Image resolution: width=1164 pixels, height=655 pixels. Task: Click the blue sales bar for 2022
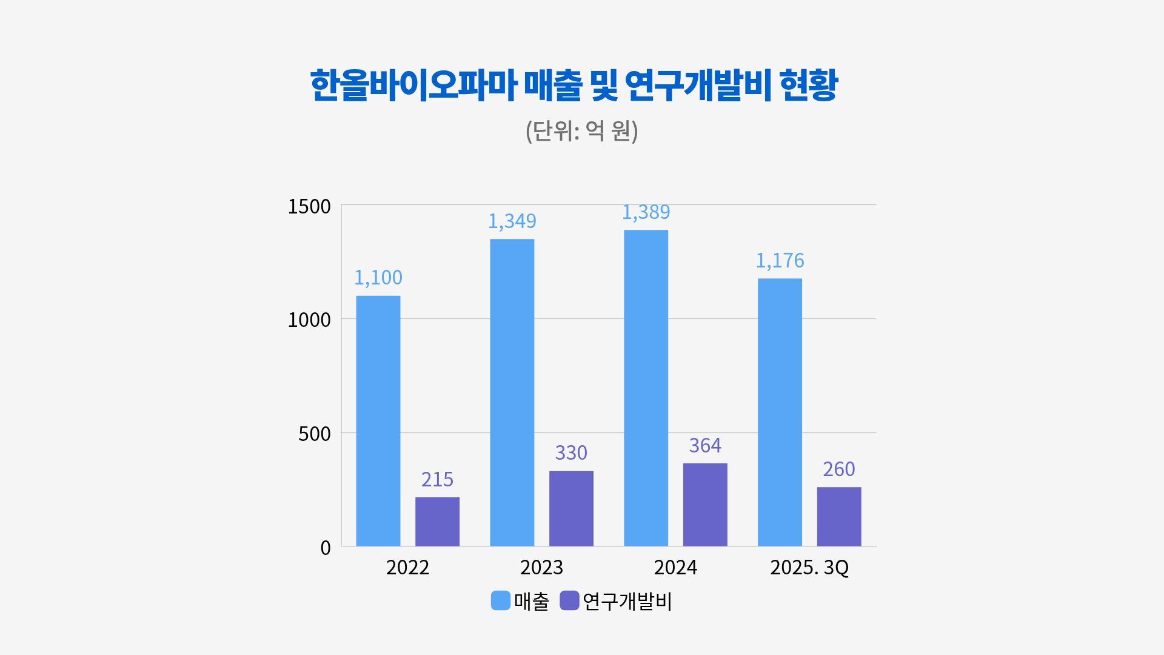pos(378,421)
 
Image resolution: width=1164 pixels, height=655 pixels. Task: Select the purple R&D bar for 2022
pos(437,522)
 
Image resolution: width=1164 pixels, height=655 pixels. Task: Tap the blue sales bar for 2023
pos(512,392)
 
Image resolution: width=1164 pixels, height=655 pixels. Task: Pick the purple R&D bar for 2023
pos(571,508)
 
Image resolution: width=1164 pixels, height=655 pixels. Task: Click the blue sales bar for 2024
pos(646,388)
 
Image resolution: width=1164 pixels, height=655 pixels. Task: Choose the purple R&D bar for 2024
pos(705,505)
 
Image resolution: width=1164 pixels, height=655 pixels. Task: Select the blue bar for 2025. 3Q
pos(780,412)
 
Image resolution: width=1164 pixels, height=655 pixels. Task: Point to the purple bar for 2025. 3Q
pos(839,516)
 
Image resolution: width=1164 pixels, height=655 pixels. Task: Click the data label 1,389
pos(646,212)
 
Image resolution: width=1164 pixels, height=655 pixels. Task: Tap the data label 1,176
pos(780,260)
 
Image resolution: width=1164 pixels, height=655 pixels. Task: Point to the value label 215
pos(437,479)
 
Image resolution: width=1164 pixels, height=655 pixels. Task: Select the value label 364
pos(705,445)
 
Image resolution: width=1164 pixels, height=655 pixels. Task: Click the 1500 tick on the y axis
pos(309,206)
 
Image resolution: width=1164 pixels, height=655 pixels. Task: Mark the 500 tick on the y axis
pos(315,434)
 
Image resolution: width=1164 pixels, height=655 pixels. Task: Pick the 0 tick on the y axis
pos(326,548)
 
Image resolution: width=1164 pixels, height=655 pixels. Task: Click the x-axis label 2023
pos(541,568)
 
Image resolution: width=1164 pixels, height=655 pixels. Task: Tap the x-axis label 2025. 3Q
pos(809,568)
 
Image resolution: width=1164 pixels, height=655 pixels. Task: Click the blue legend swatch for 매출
pos(501,600)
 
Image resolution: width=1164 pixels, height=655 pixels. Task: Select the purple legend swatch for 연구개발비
pos(569,600)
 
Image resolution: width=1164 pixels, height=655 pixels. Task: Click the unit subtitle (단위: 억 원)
pos(581,130)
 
